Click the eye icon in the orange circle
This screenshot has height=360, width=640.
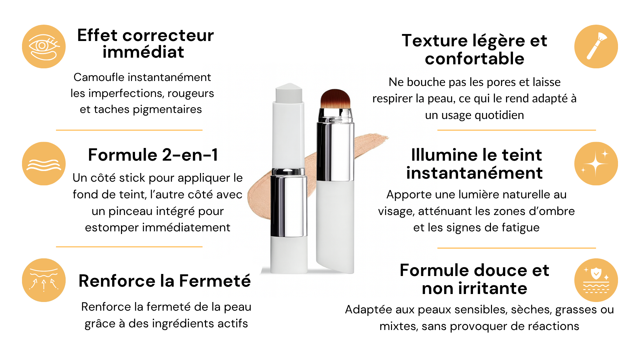pyautogui.click(x=44, y=47)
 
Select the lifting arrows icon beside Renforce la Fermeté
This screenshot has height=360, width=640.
pyautogui.click(x=44, y=279)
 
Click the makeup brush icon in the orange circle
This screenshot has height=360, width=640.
pyautogui.click(x=597, y=46)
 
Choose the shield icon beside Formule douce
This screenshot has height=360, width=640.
pyautogui.click(x=596, y=280)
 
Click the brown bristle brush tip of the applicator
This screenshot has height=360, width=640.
pyautogui.click(x=335, y=99)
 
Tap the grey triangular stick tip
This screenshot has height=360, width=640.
pyautogui.click(x=289, y=93)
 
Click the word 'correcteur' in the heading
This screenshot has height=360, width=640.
pyautogui.click(x=168, y=35)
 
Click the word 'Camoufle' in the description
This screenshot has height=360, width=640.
pyautogui.click(x=99, y=77)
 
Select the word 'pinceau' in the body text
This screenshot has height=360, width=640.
pyautogui.click(x=131, y=211)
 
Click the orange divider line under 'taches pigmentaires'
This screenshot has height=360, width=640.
pyautogui.click(x=129, y=130)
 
